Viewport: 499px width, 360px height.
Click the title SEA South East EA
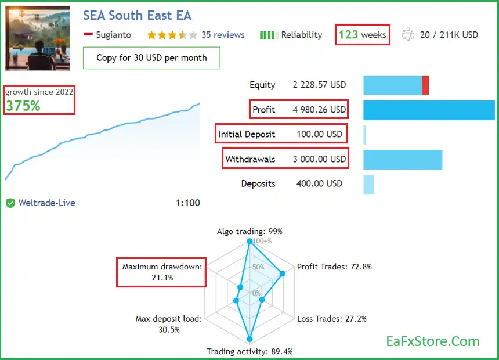click(x=137, y=16)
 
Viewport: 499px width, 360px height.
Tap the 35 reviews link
click(x=223, y=35)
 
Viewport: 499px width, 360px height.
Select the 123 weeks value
click(x=362, y=35)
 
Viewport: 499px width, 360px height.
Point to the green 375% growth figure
click(x=23, y=106)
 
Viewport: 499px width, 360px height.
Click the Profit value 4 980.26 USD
click(x=319, y=110)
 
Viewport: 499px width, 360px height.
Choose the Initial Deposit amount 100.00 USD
click(x=318, y=134)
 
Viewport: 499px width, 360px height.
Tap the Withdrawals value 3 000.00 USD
click(x=319, y=159)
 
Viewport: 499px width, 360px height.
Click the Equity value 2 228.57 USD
click(x=319, y=85)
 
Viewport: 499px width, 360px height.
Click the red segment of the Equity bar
click(x=425, y=85)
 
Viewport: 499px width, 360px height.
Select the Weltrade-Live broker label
click(x=46, y=203)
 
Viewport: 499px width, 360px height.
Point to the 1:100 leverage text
click(x=187, y=203)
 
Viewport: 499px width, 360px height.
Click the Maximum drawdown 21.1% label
click(x=162, y=272)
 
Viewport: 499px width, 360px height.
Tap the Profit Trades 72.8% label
click(x=334, y=267)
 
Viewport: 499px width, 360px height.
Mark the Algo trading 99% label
click(x=249, y=231)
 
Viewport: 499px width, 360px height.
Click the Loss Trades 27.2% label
click(x=332, y=319)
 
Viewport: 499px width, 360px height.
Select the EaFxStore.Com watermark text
click(x=433, y=341)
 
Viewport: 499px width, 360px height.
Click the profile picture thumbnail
click(x=38, y=38)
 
